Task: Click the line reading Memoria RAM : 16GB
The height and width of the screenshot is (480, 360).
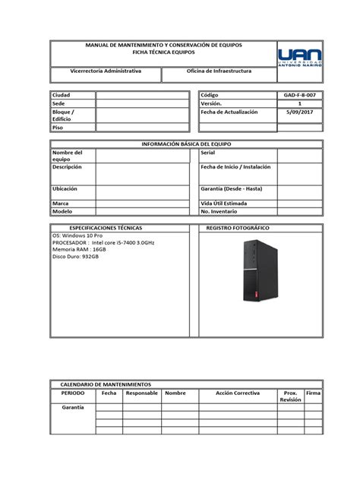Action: pos(80,249)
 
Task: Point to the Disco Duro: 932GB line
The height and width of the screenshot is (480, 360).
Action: pos(75,257)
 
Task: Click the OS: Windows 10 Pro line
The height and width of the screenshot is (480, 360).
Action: pos(77,236)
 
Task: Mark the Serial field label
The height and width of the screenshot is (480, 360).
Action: pos(207,153)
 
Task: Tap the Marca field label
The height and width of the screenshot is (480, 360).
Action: pos(60,204)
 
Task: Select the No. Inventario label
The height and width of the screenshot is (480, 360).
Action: pos(219,213)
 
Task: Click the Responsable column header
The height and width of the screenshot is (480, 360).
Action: pos(141,393)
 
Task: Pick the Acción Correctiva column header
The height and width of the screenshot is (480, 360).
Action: pos(237,393)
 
